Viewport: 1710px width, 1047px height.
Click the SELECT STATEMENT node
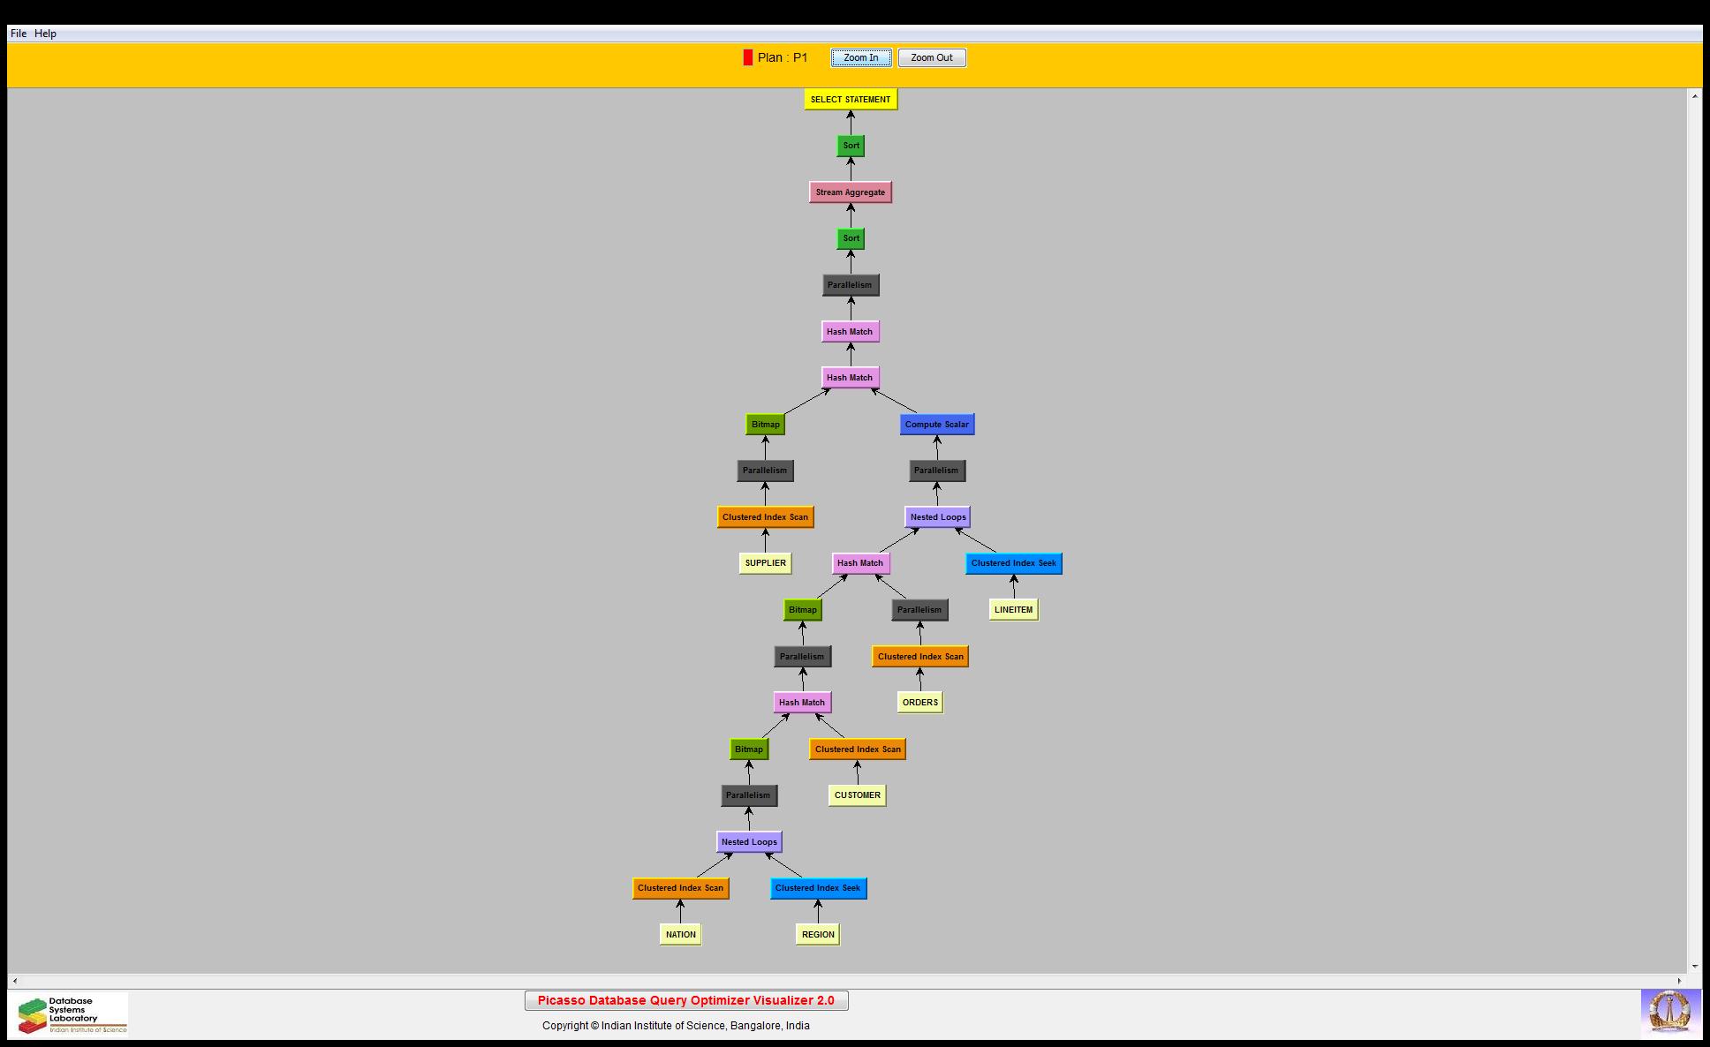point(851,100)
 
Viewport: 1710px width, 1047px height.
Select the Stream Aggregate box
point(851,192)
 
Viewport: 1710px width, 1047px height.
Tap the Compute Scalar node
point(937,425)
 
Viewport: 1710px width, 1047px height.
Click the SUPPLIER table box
point(765,563)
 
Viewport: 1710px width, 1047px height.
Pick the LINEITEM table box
point(1013,610)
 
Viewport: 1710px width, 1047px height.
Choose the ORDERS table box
point(920,703)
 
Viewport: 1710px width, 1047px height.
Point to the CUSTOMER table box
point(858,795)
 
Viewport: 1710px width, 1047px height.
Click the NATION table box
point(681,935)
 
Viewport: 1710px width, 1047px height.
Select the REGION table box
point(818,935)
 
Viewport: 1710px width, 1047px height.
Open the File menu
point(19,34)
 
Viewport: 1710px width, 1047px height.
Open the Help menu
point(46,34)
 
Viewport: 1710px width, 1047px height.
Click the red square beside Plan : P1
point(748,58)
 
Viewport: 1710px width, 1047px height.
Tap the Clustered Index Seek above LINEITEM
point(1014,563)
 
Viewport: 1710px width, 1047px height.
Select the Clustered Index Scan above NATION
point(681,888)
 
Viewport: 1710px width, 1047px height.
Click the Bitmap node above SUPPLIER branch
point(766,425)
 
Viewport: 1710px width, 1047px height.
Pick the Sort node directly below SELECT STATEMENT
point(851,146)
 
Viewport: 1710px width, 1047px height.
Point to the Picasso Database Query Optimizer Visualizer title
point(686,1001)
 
